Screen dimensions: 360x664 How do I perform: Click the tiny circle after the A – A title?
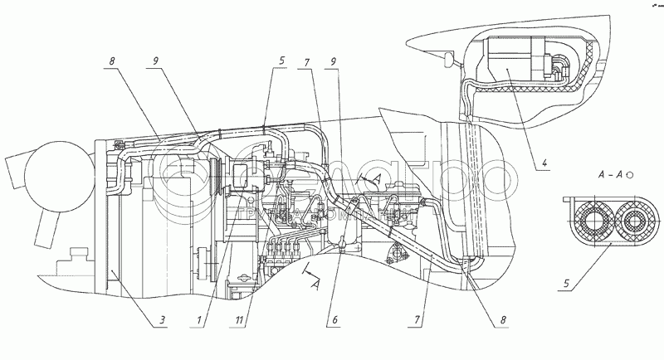631,176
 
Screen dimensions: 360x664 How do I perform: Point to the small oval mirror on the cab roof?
448,59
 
